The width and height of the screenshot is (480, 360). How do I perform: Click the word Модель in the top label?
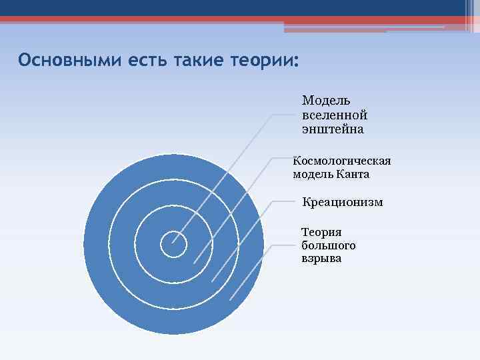[325, 100]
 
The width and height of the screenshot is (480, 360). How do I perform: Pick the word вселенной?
[334, 115]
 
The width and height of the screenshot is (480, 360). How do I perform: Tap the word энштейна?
[333, 129]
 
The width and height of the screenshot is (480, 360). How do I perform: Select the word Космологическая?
[342, 161]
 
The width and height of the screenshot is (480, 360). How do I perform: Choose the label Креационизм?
[343, 202]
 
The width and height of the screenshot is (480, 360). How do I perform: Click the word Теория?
[321, 232]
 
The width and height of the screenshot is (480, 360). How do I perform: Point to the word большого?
[328, 246]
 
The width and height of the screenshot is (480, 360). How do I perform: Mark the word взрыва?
[321, 259]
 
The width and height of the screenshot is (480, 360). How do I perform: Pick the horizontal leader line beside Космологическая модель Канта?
[281, 159]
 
